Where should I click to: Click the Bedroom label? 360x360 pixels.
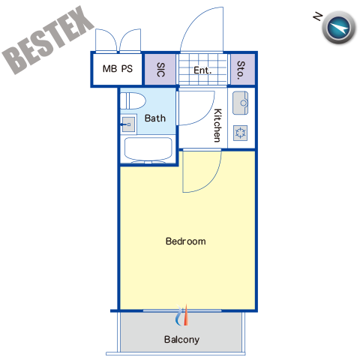186,241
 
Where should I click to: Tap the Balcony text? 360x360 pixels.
181,340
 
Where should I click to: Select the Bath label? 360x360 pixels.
155,118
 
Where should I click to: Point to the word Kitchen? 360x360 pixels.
217,125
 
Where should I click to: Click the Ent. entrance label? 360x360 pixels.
202,70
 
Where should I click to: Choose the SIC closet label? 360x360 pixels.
160,70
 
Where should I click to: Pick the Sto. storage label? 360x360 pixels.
241,70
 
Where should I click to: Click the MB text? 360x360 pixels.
109,69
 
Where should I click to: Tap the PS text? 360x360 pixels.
127,69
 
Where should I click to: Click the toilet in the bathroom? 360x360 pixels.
133,101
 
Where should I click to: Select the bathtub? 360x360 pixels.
148,149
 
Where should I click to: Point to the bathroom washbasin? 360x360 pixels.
129,124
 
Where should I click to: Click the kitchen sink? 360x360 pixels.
241,103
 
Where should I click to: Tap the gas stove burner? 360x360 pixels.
241,133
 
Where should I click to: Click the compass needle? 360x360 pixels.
339,28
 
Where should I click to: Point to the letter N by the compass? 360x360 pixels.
318,16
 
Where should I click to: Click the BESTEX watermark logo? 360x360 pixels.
47,40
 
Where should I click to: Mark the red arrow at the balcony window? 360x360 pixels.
186,315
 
